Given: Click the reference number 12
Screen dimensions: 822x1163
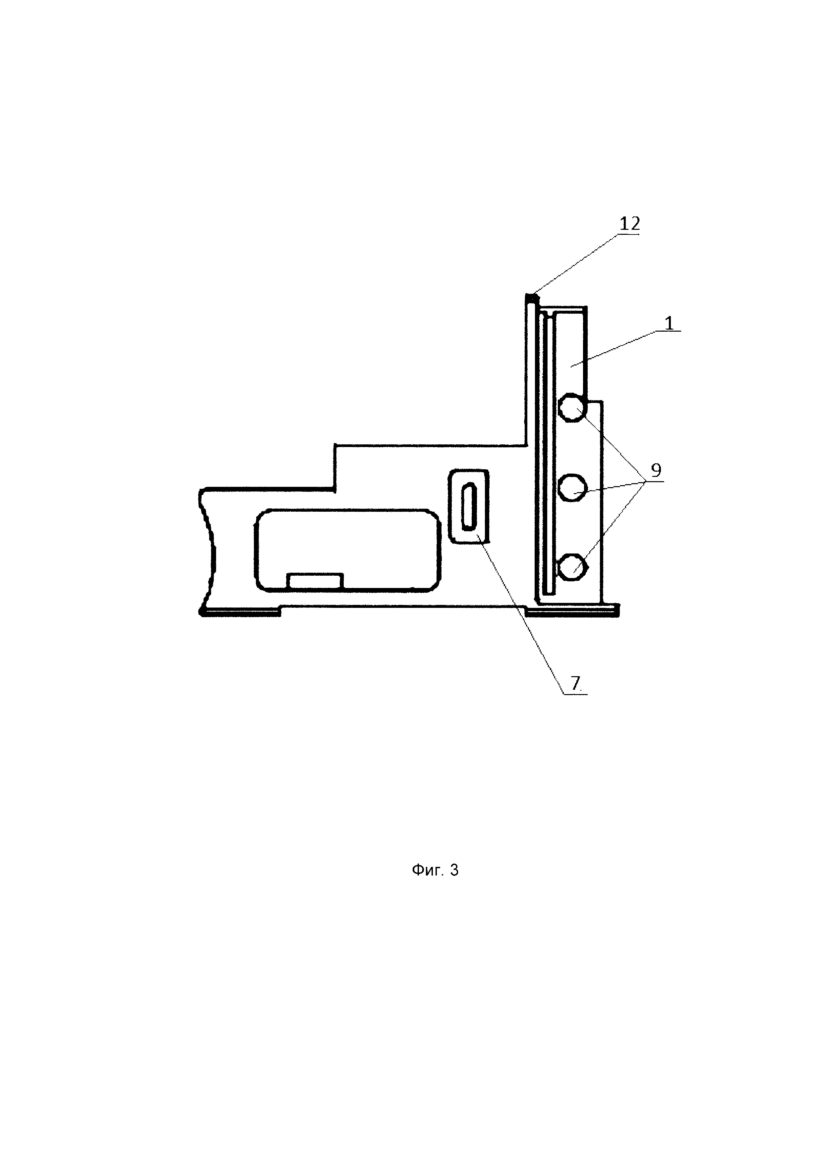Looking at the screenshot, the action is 630,224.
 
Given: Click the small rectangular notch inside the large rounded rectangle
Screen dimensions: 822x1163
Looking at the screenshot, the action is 315,581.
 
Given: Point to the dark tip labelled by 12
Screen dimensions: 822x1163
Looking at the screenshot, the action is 530,297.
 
